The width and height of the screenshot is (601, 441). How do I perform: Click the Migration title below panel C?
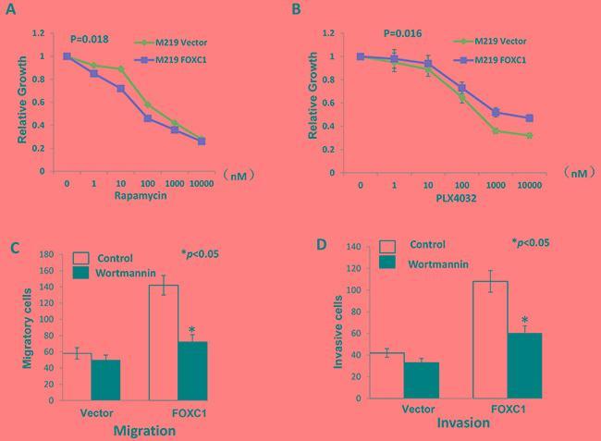pyautogui.click(x=149, y=431)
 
